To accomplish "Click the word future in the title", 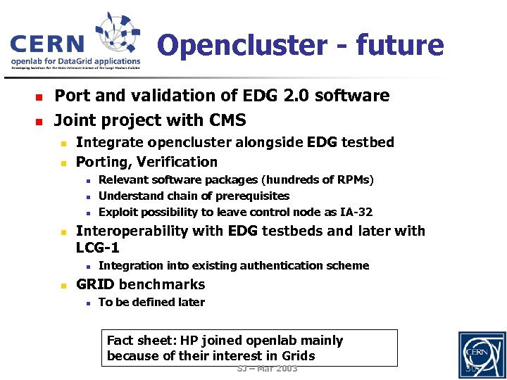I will click(400, 46).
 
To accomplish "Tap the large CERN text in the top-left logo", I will click(47, 44).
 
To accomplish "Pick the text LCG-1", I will click(97, 248).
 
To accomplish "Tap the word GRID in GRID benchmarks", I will click(96, 284).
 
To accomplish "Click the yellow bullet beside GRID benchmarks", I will click(63, 286).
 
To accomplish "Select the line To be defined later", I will click(151, 303).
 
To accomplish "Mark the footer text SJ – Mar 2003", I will click(267, 369).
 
